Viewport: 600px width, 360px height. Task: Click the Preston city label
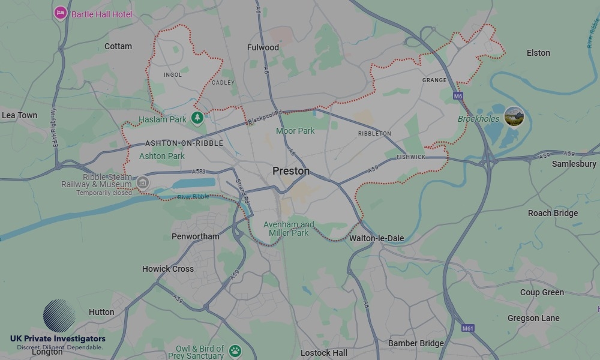[291, 171]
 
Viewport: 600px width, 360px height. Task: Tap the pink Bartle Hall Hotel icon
[60, 13]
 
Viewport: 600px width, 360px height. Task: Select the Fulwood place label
[263, 47]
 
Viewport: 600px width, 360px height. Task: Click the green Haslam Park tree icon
[197, 118]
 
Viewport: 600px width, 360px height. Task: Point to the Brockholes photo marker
[514, 116]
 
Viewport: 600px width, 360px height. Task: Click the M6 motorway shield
[458, 96]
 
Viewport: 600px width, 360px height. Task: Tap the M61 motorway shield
[468, 328]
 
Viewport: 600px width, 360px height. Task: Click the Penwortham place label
[196, 236]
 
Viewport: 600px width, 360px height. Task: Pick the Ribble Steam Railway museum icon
[142, 182]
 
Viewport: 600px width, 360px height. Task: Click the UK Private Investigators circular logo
[59, 316]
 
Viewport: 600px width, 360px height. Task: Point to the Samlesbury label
[574, 164]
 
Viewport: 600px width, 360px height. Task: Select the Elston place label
[538, 53]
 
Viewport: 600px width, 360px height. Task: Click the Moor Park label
[295, 131]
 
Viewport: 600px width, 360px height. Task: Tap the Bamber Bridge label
[416, 343]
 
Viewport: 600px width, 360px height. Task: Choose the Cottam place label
[118, 46]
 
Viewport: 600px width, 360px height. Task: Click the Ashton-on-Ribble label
[184, 143]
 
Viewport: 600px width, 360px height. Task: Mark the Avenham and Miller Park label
[289, 229]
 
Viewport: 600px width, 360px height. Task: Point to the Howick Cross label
[168, 269]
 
